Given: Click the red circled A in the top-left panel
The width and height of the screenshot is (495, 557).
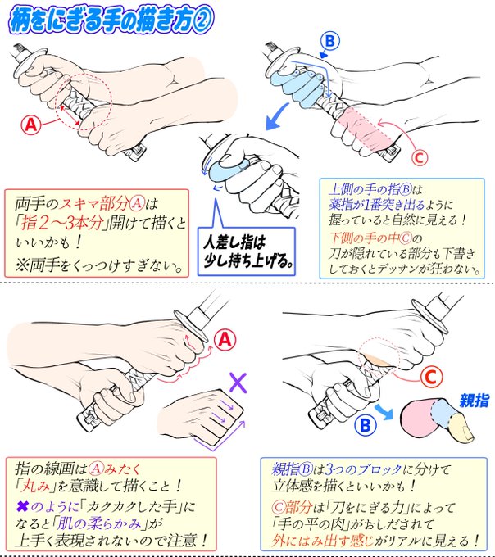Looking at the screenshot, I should point(30,125).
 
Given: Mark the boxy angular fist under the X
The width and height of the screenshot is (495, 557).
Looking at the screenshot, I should point(201,416).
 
